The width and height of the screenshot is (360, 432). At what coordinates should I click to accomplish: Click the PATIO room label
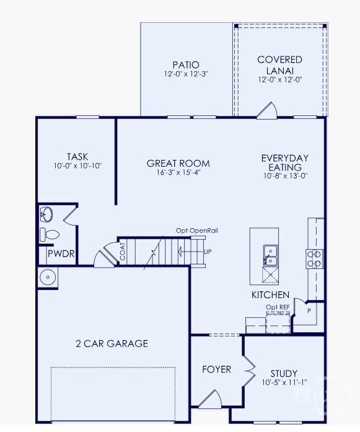(186, 64)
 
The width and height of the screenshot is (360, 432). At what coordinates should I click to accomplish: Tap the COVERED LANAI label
(280, 65)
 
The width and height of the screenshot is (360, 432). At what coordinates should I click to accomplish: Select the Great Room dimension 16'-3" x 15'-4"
(178, 172)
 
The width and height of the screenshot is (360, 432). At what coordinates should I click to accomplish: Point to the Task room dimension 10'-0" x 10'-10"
(78, 165)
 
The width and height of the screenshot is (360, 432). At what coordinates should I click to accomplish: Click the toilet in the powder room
(50, 234)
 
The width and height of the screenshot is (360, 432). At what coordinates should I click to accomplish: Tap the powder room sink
(46, 214)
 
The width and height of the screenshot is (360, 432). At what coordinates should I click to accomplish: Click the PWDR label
(61, 253)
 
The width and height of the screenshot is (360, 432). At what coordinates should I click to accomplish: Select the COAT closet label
(123, 252)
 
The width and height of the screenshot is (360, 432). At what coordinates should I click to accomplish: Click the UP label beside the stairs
(208, 252)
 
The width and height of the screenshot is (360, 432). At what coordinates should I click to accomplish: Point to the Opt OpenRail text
(197, 231)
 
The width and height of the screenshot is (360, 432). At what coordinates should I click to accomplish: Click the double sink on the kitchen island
(271, 255)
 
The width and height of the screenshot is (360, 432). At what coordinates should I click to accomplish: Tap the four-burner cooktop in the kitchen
(315, 259)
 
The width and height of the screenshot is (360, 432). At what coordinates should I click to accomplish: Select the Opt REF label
(278, 307)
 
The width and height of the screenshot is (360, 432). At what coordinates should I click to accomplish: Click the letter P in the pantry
(309, 311)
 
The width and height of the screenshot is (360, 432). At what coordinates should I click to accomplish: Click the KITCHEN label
(271, 295)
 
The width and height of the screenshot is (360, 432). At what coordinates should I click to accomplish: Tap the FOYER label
(216, 369)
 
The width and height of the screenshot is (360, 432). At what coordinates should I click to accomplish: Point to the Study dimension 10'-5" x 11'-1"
(284, 382)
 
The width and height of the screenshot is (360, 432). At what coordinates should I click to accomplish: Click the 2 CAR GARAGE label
(112, 343)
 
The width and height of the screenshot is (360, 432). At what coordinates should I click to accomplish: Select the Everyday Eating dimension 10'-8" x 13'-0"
(286, 176)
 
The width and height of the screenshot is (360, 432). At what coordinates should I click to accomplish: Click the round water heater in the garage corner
(48, 277)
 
